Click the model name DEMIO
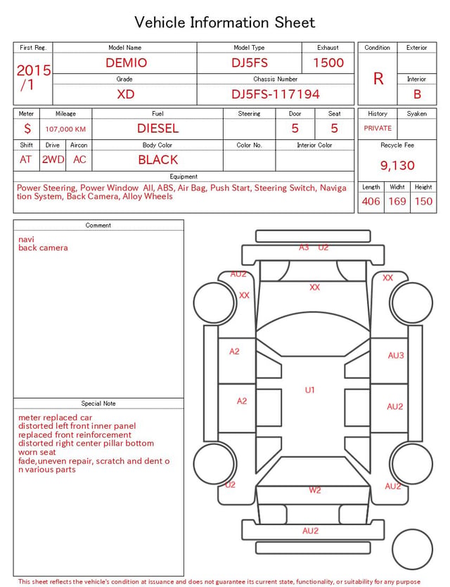click(x=126, y=63)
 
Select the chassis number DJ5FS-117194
click(x=276, y=94)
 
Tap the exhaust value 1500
click(x=328, y=63)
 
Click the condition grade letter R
click(x=378, y=79)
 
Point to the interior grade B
click(x=417, y=94)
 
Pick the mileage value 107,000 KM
click(x=65, y=129)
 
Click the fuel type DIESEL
click(x=158, y=129)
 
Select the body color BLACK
click(x=158, y=160)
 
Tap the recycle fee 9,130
click(x=397, y=165)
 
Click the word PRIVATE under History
click(x=378, y=128)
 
